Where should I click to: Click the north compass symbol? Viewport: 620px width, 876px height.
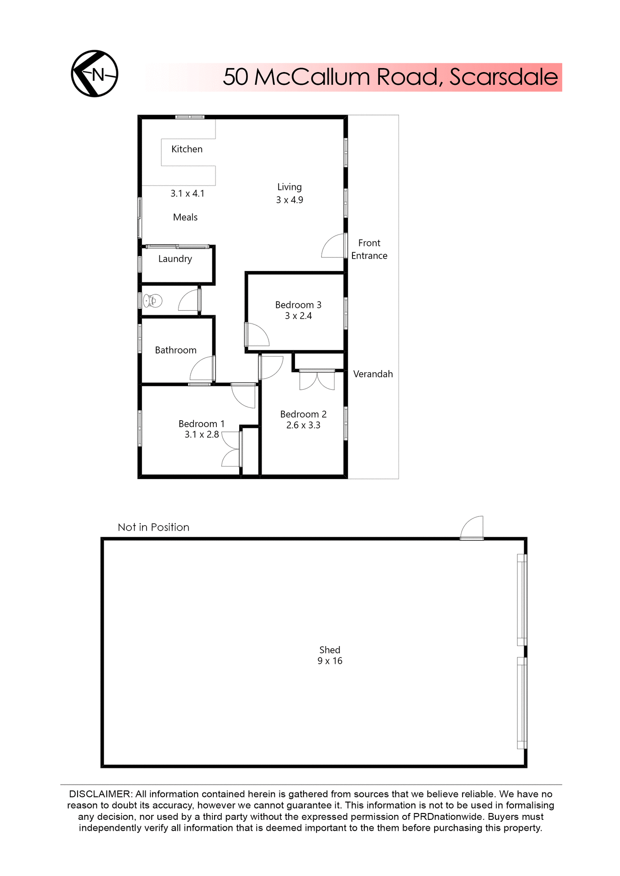[95, 73]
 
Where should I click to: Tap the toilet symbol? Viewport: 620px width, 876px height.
[152, 301]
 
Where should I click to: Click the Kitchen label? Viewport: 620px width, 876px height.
[187, 149]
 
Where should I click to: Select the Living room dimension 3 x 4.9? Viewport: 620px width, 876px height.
[289, 200]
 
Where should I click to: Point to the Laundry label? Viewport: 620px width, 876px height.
[175, 259]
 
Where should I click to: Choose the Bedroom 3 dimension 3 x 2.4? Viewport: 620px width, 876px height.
[298, 316]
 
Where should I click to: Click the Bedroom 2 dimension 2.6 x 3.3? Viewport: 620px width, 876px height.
[303, 425]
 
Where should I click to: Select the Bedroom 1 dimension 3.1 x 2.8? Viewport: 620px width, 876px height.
[201, 434]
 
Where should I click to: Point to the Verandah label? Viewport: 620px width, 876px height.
[373, 374]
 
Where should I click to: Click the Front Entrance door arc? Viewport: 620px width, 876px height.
[333, 246]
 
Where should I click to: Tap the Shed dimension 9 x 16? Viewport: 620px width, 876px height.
[330, 661]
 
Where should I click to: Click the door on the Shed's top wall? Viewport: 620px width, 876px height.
[472, 528]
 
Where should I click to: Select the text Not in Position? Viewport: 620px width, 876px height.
[153, 527]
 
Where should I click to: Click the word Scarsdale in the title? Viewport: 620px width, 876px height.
[504, 77]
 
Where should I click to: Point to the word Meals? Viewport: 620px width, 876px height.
[185, 217]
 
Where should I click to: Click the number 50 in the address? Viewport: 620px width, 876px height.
[236, 77]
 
